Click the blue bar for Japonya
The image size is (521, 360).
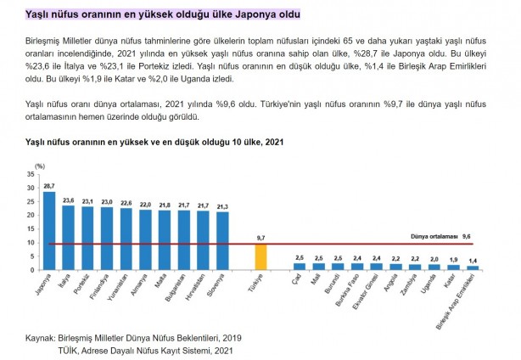coord(48,230)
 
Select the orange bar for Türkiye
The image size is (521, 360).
coord(261,256)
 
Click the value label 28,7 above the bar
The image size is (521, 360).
coord(48,186)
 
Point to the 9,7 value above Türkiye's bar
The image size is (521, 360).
coord(261,239)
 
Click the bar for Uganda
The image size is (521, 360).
coord(434,267)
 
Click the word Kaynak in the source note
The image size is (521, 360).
coord(38,337)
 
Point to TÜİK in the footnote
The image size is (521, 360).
coord(69,349)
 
